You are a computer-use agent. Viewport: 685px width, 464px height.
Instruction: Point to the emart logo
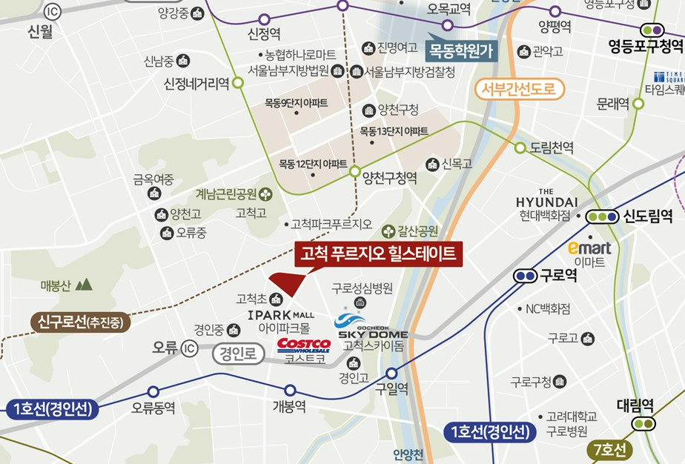pos(589,248)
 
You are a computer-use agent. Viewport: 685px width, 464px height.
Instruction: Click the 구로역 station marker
pos(526,276)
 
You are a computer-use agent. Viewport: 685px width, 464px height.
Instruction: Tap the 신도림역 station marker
pos(601,217)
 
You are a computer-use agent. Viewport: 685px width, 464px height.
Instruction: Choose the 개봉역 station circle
pos(290,391)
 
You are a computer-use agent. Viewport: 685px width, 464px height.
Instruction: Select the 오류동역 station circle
pos(153,391)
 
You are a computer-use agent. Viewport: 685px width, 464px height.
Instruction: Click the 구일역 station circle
pos(391,373)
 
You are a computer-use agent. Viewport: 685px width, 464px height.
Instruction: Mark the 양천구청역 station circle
pos(354,172)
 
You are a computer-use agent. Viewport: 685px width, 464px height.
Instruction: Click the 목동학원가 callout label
pos(460,50)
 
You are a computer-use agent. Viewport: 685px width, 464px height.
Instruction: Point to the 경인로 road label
pos(239,354)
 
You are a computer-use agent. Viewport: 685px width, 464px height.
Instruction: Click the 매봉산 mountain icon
pos(84,284)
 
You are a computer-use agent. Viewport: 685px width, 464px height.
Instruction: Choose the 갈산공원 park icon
pos(387,231)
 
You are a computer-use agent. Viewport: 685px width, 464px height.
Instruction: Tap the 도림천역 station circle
pos(520,148)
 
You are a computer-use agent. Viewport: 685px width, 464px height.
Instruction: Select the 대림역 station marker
pos(643,423)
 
